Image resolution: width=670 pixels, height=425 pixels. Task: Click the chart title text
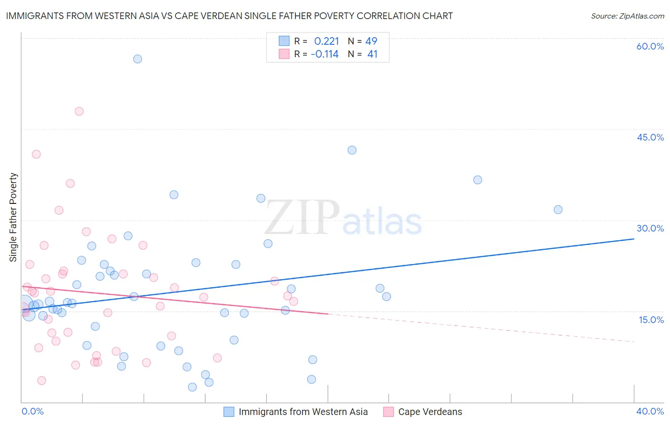[x=229, y=16]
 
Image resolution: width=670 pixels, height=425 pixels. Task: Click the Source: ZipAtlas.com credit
[x=627, y=16]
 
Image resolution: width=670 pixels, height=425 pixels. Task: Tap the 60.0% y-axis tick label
[x=650, y=46]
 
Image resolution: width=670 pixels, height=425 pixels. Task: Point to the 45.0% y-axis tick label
[x=650, y=137]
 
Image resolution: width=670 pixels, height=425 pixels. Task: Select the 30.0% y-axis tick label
[x=650, y=228]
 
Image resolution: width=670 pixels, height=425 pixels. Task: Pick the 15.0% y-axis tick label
[x=651, y=320]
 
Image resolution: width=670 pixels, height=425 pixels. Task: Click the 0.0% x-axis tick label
[x=32, y=411]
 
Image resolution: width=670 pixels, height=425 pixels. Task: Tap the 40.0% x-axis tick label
[x=650, y=411]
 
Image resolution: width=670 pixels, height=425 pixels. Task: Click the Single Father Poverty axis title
[x=13, y=217]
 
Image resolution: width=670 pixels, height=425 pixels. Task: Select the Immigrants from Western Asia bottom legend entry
[x=303, y=412]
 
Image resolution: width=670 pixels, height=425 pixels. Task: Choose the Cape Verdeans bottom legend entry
[x=430, y=412]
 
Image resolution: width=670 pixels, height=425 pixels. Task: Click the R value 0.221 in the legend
[x=326, y=41]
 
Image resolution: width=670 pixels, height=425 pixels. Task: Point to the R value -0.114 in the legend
[x=325, y=54]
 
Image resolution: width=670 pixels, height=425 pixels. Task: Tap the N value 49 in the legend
[x=371, y=41]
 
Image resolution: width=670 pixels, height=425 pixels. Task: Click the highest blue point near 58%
[x=137, y=59]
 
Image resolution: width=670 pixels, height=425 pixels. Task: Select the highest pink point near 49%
[x=79, y=111]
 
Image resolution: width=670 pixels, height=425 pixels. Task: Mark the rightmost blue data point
[x=558, y=210]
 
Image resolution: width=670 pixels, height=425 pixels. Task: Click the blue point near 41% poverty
[x=352, y=150]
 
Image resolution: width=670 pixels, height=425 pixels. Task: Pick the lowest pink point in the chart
[x=41, y=381]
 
